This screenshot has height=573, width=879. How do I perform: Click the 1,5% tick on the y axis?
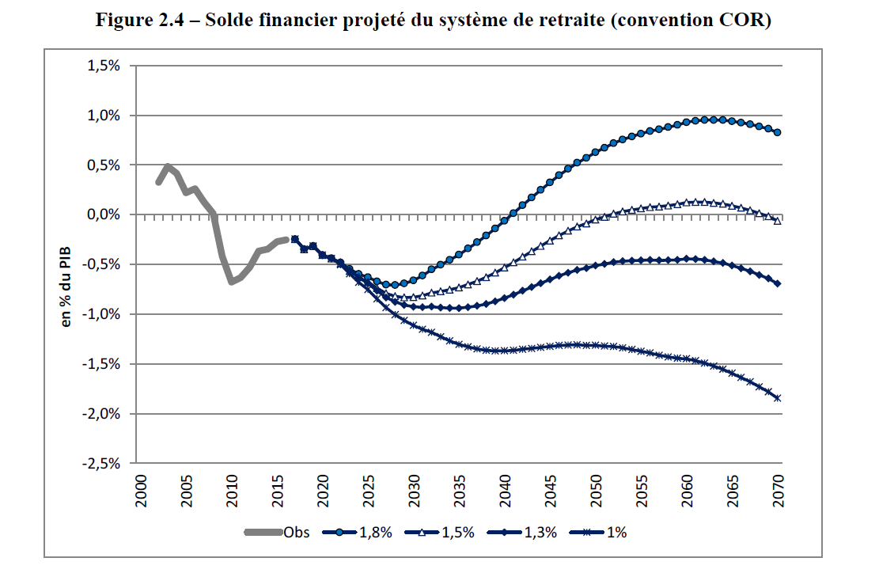click(104, 66)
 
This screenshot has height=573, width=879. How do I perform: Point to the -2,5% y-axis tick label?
click(101, 464)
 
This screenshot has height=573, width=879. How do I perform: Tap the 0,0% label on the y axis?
click(104, 215)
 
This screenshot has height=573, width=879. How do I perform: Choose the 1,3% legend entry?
click(541, 533)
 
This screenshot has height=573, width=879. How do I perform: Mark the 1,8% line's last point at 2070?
click(778, 132)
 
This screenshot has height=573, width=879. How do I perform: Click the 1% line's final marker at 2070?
click(778, 398)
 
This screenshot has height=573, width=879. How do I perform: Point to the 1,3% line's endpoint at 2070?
click(778, 283)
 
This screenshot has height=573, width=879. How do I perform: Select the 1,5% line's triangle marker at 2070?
click(778, 221)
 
